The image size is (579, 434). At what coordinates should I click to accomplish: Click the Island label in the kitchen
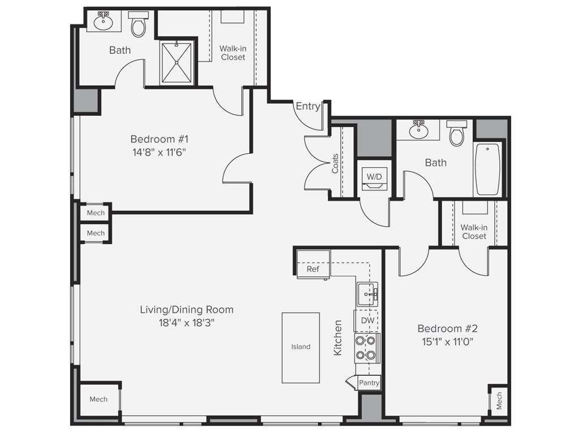coord(301,347)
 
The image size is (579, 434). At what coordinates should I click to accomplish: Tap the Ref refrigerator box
coord(313,269)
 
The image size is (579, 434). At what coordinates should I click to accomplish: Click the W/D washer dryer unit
coord(374,177)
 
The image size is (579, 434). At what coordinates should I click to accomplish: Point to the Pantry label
coord(369,383)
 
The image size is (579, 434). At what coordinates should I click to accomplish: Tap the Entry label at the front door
coord(308,106)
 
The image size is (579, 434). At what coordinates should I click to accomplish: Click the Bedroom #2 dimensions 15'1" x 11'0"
coord(447,341)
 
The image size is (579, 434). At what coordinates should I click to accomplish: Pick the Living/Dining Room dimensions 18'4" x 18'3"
coord(187,323)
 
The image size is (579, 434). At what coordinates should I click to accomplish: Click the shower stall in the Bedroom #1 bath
coord(177,62)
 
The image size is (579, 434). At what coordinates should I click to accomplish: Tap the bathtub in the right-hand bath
coord(487,169)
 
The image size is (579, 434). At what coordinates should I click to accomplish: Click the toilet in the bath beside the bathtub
coord(456,133)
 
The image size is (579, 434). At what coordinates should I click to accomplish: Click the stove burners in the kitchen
coord(366,348)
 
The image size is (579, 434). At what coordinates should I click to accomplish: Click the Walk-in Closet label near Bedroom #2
coord(474,232)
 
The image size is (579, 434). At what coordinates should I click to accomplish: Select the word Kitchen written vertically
coord(338,337)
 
